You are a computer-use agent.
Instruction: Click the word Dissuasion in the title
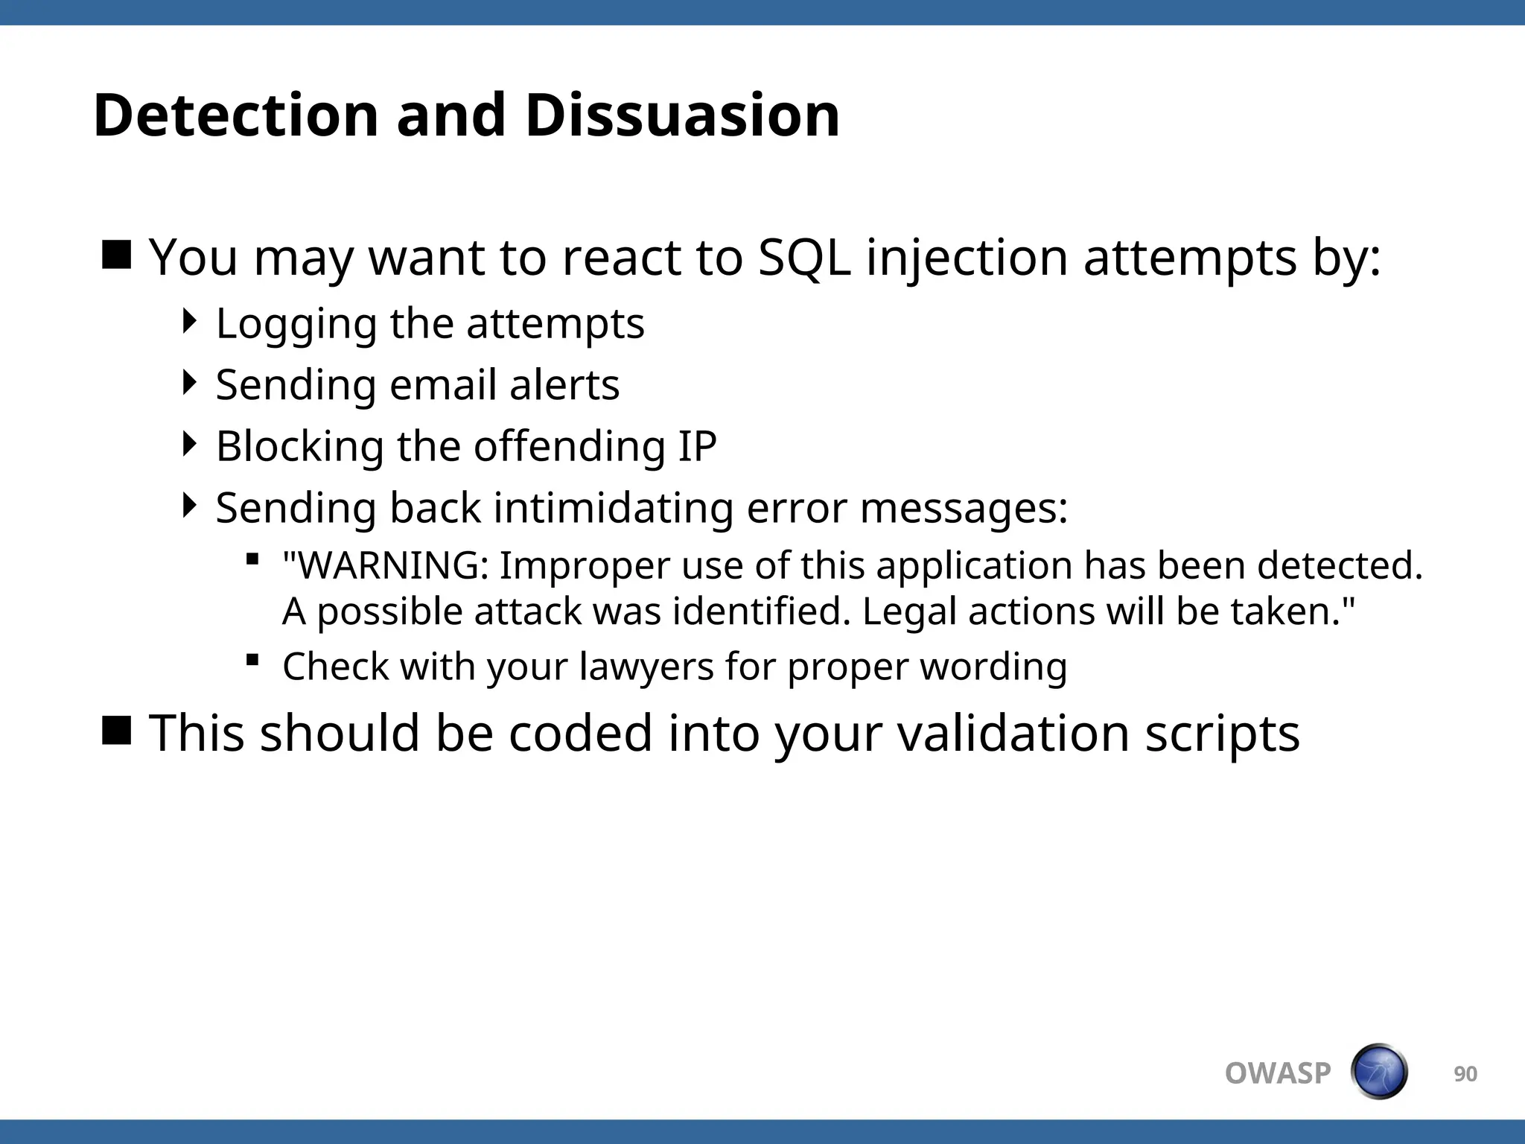pyautogui.click(x=682, y=115)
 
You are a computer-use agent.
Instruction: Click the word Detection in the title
pyautogui.click(x=236, y=115)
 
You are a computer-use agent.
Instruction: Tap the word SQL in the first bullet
pyautogui.click(x=804, y=258)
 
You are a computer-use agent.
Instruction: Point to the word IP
pyautogui.click(x=697, y=446)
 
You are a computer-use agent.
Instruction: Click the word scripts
pyautogui.click(x=1222, y=734)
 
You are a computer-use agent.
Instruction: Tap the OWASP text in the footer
pyautogui.click(x=1278, y=1073)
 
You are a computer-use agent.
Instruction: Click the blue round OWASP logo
pyautogui.click(x=1379, y=1072)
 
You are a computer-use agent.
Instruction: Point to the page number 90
pyautogui.click(x=1465, y=1074)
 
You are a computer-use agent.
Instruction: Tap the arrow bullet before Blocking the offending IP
pyautogui.click(x=191, y=444)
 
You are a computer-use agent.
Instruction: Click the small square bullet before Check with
pyautogui.click(x=252, y=659)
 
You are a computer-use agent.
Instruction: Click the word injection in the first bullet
pyautogui.click(x=967, y=258)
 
